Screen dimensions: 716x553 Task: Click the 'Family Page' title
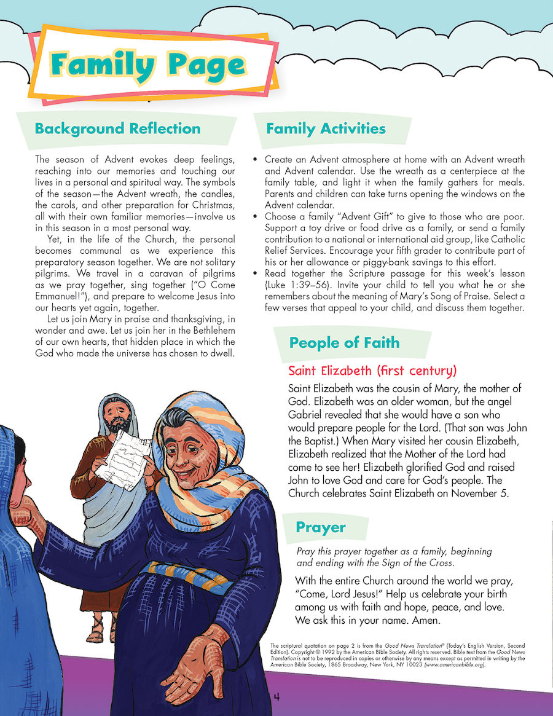coord(149,65)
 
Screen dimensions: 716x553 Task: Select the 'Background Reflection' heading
coord(117,128)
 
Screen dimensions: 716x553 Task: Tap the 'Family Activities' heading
coord(326,128)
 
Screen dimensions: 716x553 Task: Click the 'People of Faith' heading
coord(344,342)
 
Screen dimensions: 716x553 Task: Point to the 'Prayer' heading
coord(320,527)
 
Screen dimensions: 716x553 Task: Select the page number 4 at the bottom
coord(276,696)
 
